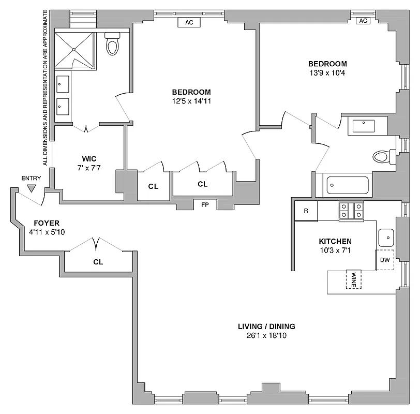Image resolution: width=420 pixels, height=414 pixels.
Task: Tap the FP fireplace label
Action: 205,204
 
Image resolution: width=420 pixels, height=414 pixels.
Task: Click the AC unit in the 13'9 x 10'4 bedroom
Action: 363,21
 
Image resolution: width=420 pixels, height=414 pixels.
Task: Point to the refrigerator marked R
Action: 306,211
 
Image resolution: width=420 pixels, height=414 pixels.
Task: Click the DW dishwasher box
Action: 385,260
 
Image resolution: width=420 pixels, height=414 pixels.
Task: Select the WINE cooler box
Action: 354,279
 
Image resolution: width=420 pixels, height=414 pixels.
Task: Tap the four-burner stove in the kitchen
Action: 351,211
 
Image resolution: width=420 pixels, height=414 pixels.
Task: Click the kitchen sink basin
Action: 386,238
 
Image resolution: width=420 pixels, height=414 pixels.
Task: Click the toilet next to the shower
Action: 112,45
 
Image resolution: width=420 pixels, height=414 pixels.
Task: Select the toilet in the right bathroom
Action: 383,156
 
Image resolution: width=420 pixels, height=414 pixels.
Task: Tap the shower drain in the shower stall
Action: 74,50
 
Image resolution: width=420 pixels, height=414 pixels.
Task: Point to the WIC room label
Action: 89,158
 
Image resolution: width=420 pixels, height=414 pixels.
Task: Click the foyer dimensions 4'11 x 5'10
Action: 48,232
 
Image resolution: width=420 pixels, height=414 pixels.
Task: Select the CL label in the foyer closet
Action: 98,262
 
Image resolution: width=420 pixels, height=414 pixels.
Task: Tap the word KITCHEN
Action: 335,241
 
